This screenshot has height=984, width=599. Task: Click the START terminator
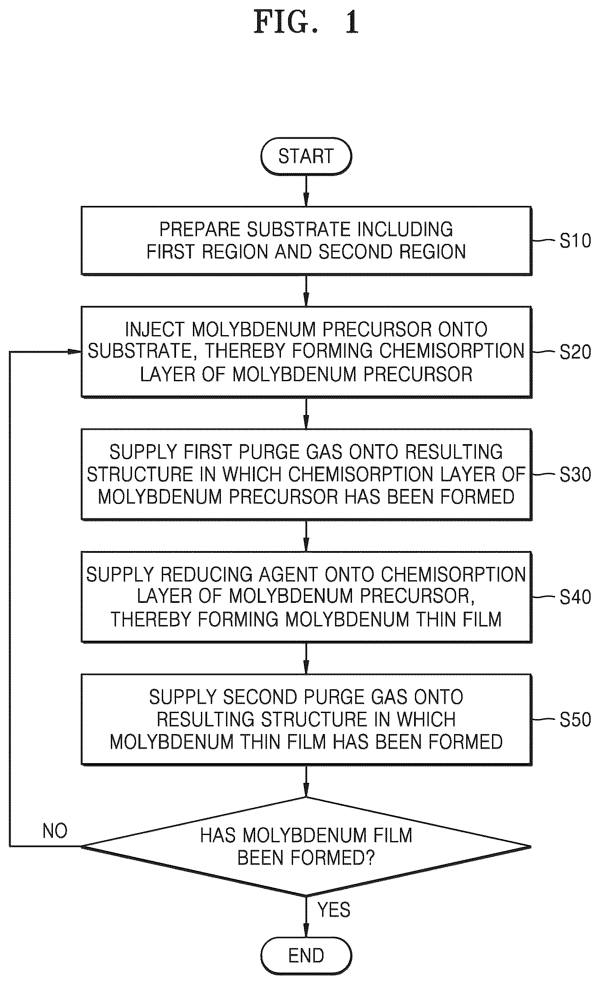(306, 156)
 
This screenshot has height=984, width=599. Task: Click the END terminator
(306, 955)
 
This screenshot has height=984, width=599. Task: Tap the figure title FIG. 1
(306, 22)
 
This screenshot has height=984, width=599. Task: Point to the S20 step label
(575, 352)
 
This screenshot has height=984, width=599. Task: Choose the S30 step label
(575, 474)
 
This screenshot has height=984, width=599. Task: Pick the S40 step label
(575, 597)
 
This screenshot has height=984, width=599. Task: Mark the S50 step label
(575, 719)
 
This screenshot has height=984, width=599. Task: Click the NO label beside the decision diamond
(55, 831)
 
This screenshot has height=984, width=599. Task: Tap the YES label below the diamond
(334, 910)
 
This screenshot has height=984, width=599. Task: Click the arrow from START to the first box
(306, 191)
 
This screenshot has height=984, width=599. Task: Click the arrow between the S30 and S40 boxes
(306, 535)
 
